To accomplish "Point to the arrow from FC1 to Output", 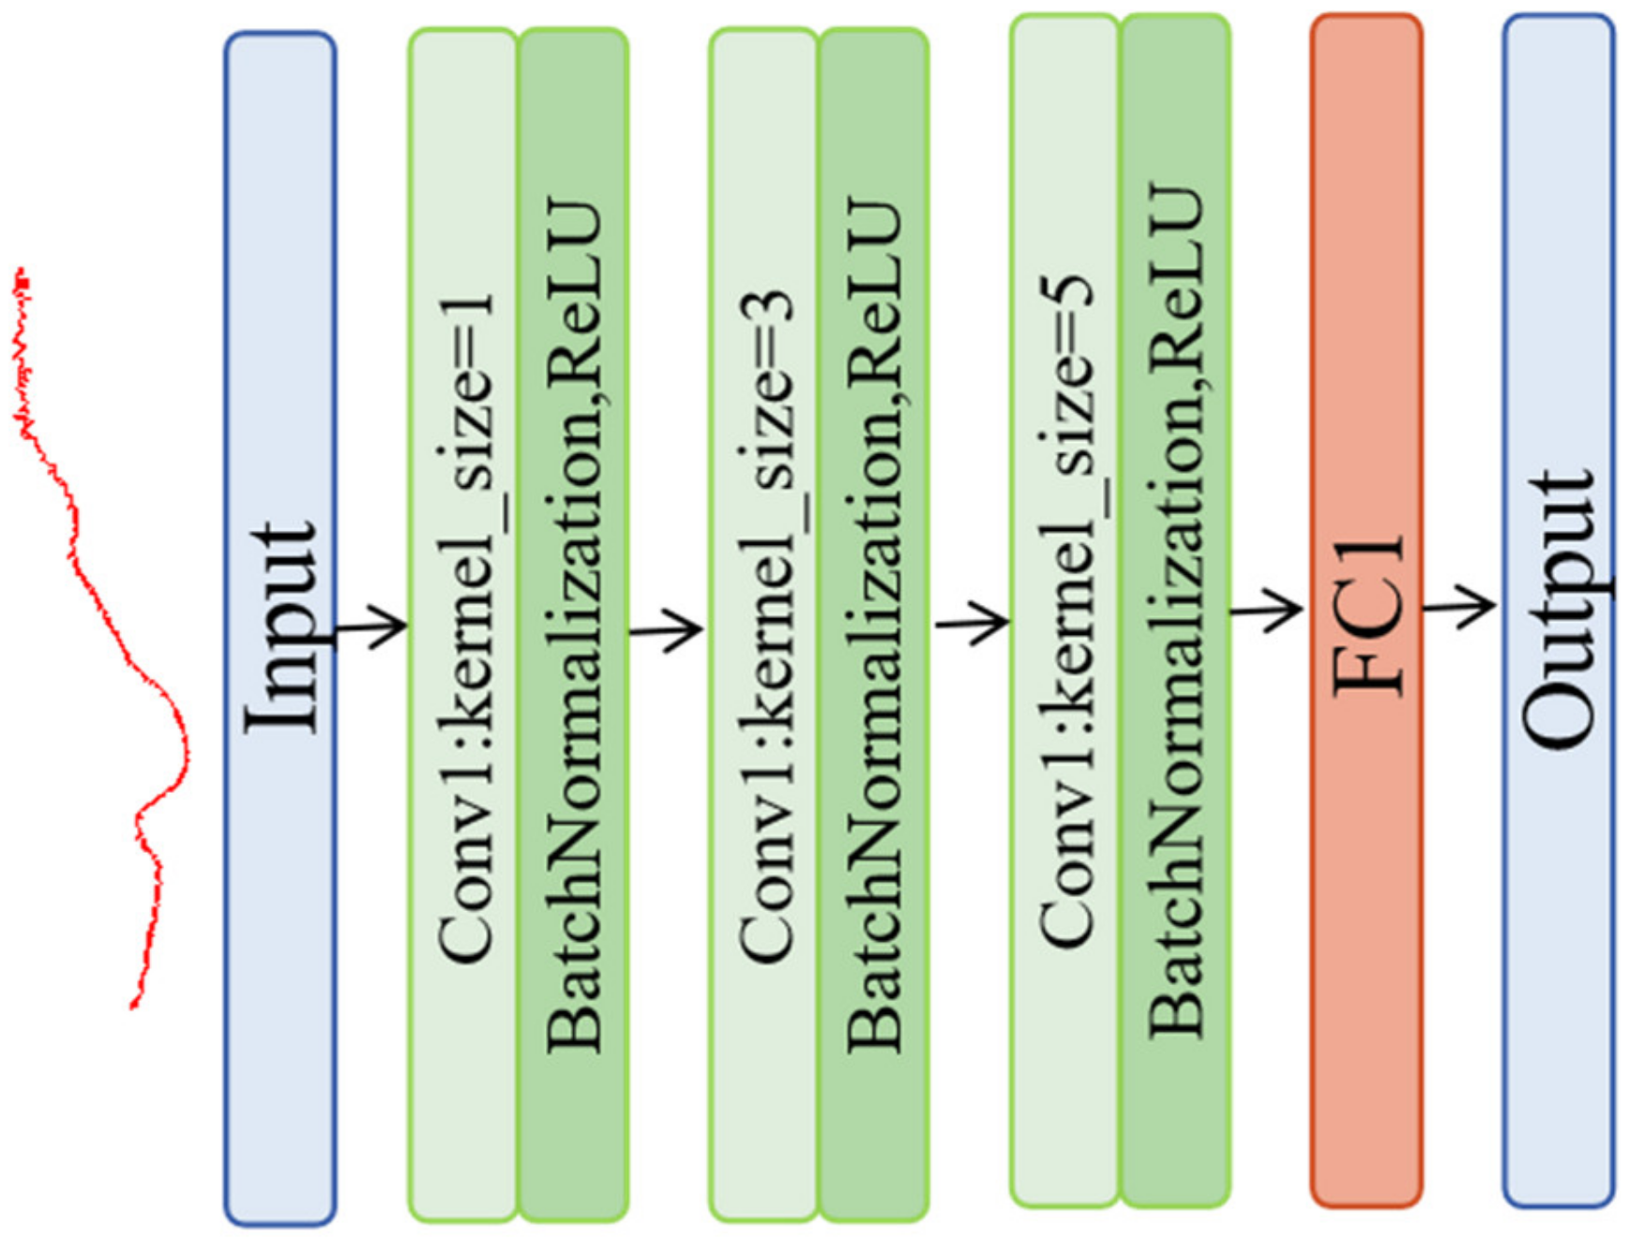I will (x=1459, y=607).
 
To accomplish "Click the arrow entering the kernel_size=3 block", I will (x=667, y=630).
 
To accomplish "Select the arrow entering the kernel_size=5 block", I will (x=973, y=621).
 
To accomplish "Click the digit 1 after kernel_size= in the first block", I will (x=466, y=314).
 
